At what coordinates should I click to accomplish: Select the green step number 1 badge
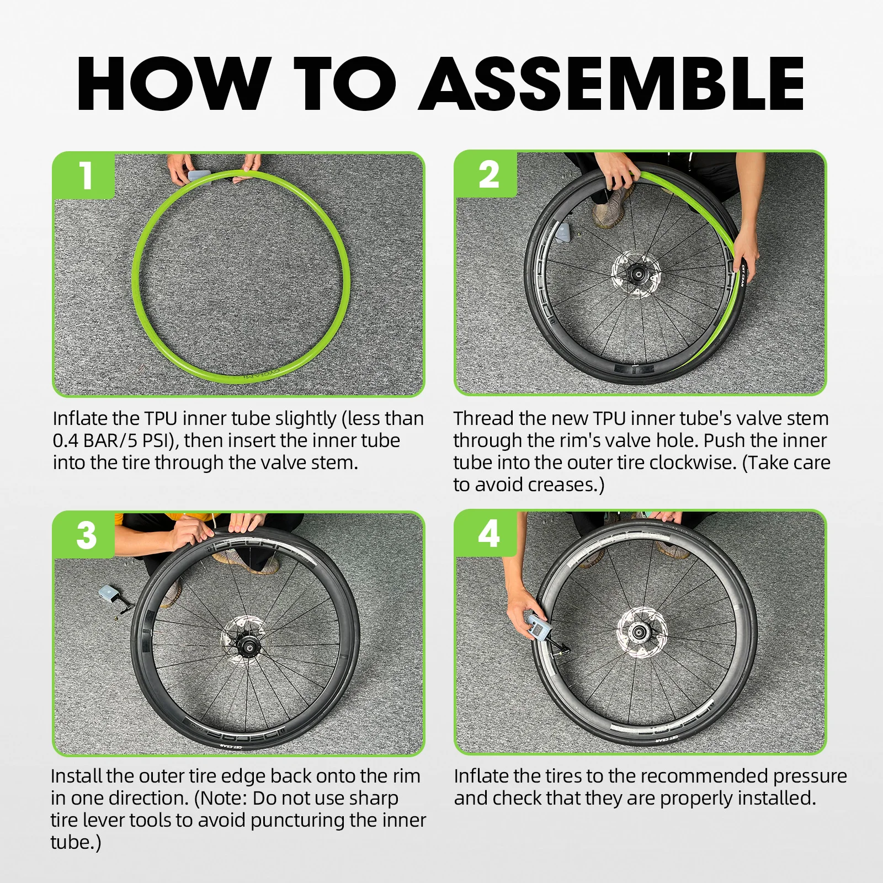[x=84, y=175]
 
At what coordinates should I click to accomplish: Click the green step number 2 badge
[x=486, y=174]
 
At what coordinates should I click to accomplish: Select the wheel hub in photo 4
[x=639, y=632]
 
